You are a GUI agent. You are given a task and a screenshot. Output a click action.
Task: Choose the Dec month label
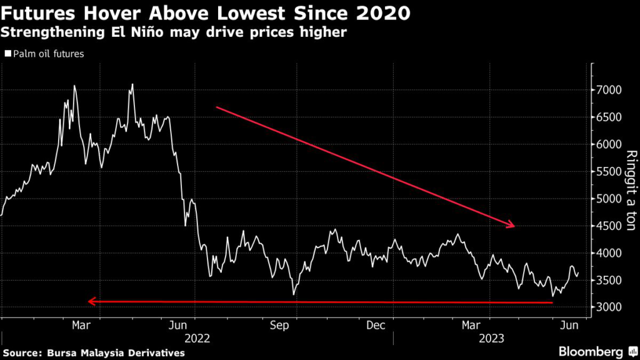[375, 326]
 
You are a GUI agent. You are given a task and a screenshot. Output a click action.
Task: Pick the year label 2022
[196, 338]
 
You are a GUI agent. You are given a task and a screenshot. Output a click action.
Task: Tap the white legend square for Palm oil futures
[7, 54]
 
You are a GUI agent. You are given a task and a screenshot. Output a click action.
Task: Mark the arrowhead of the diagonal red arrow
[512, 225]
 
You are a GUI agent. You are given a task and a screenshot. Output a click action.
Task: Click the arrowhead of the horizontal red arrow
[91, 301]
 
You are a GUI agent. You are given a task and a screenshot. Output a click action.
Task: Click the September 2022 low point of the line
[293, 294]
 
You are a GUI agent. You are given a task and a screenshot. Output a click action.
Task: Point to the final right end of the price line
[578, 272]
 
